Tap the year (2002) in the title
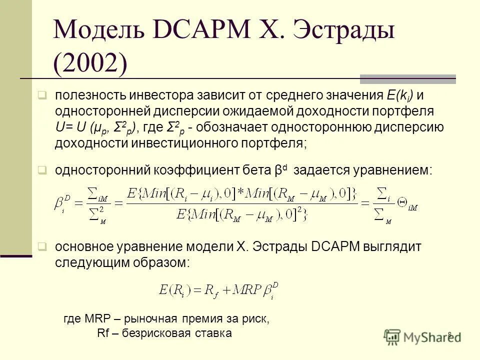click(x=90, y=64)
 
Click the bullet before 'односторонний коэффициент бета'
click(x=43, y=170)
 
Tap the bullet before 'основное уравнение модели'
click(x=43, y=246)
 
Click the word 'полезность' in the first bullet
click(x=90, y=95)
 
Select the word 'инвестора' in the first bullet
click(x=159, y=95)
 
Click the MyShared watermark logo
click(x=422, y=336)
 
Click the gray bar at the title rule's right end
click(x=407, y=78)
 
